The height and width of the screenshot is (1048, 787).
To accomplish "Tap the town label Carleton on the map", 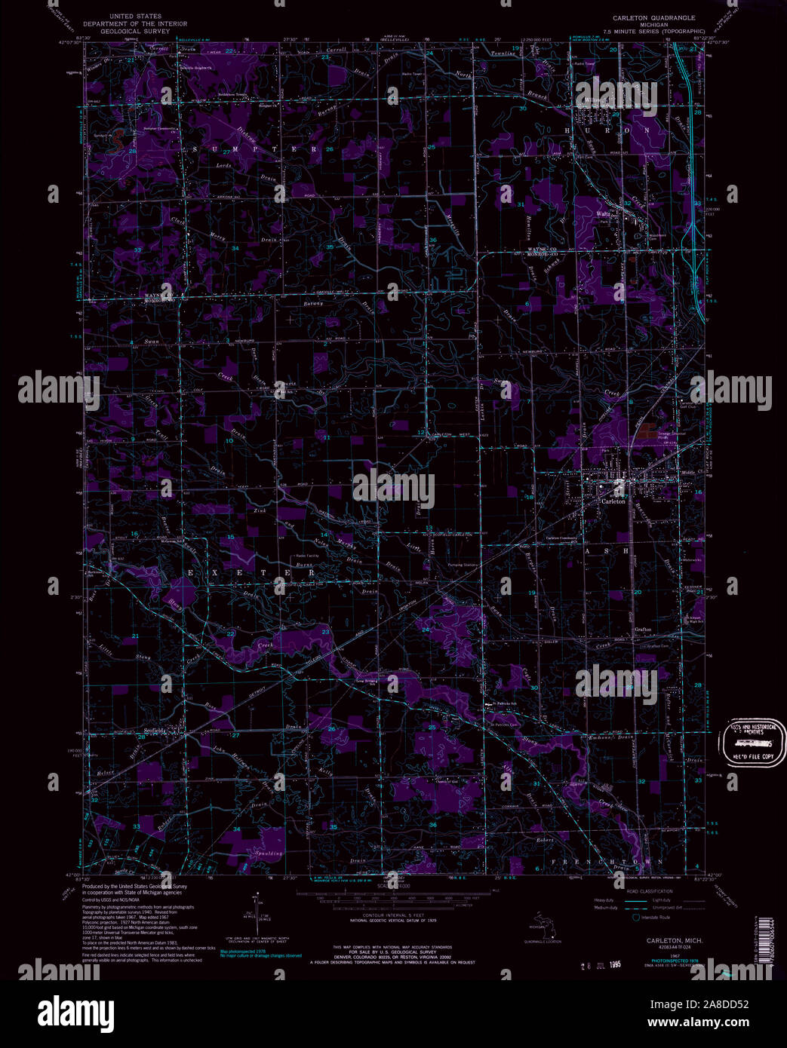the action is click(x=613, y=501).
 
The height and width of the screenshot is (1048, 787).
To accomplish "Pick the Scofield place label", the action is click(x=155, y=731).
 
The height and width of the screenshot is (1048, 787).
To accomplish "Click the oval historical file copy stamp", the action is click(x=752, y=741).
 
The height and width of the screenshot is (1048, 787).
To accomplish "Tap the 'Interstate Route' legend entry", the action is click(x=656, y=918).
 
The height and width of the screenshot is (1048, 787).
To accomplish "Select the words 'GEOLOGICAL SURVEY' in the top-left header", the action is click(x=135, y=30).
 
